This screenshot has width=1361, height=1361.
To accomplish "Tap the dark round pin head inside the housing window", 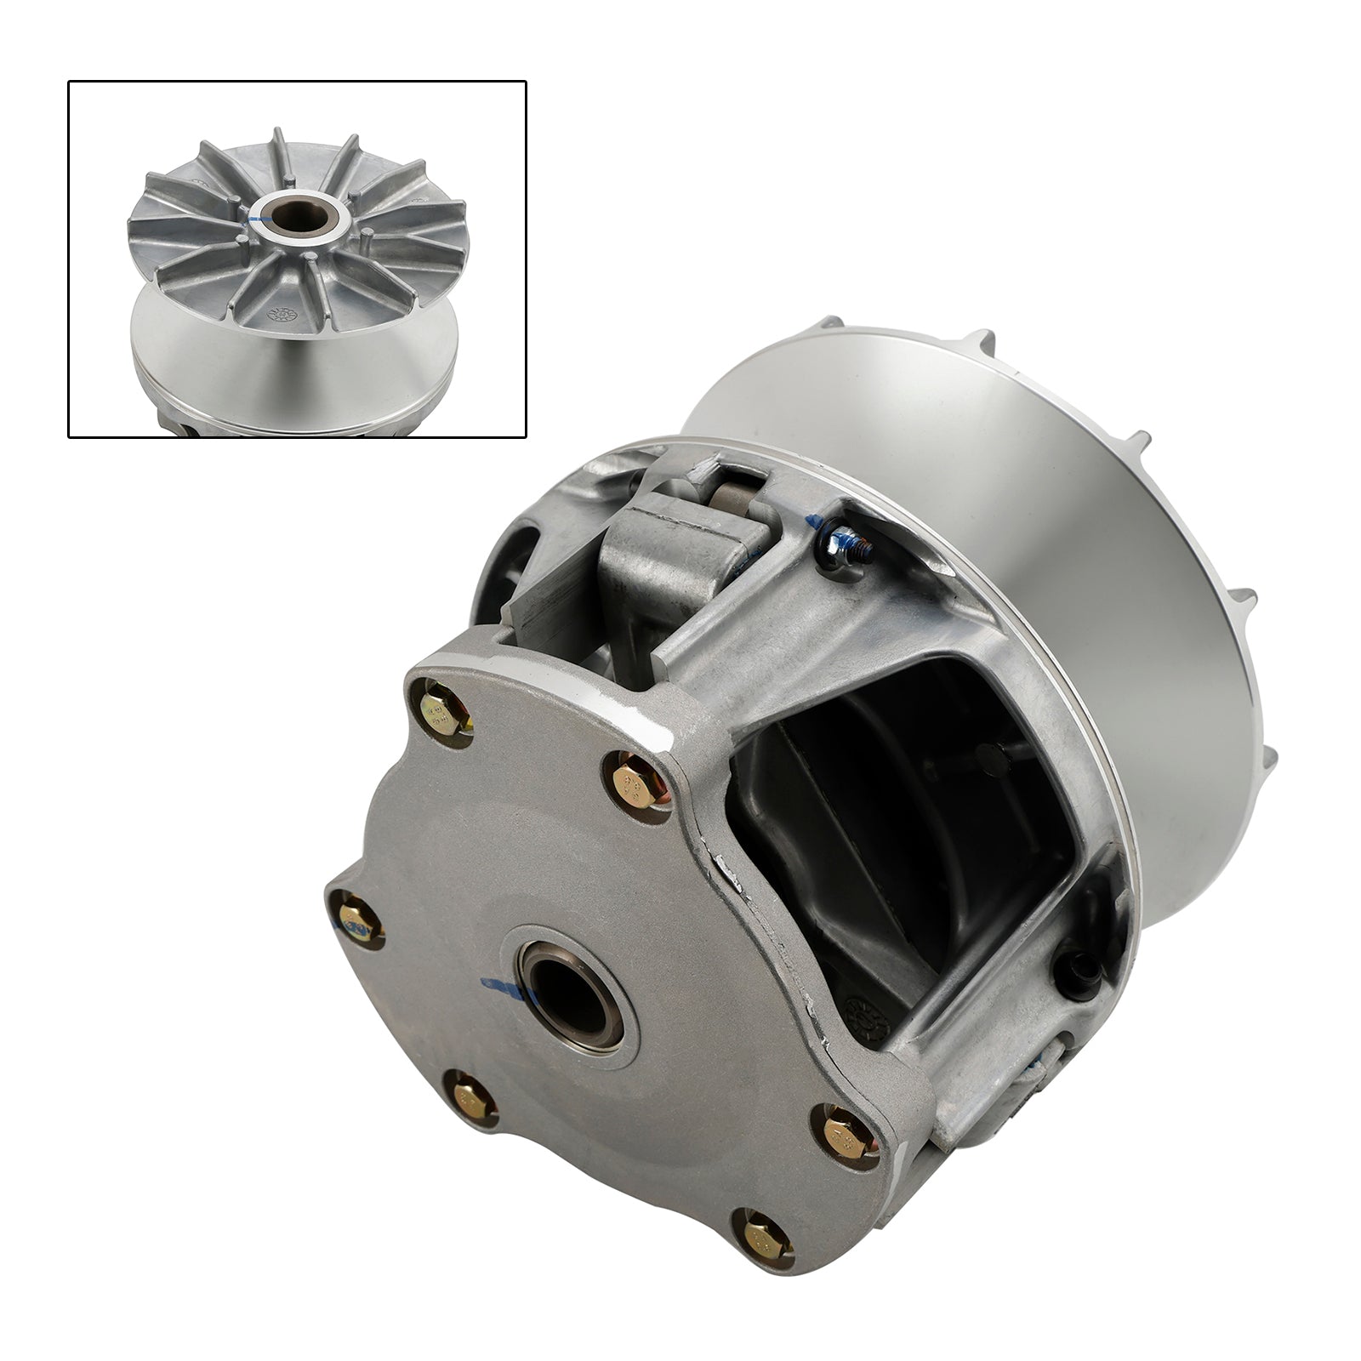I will (x=989, y=753).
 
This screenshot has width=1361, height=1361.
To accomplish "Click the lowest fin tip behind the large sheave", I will (x=1265, y=755).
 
